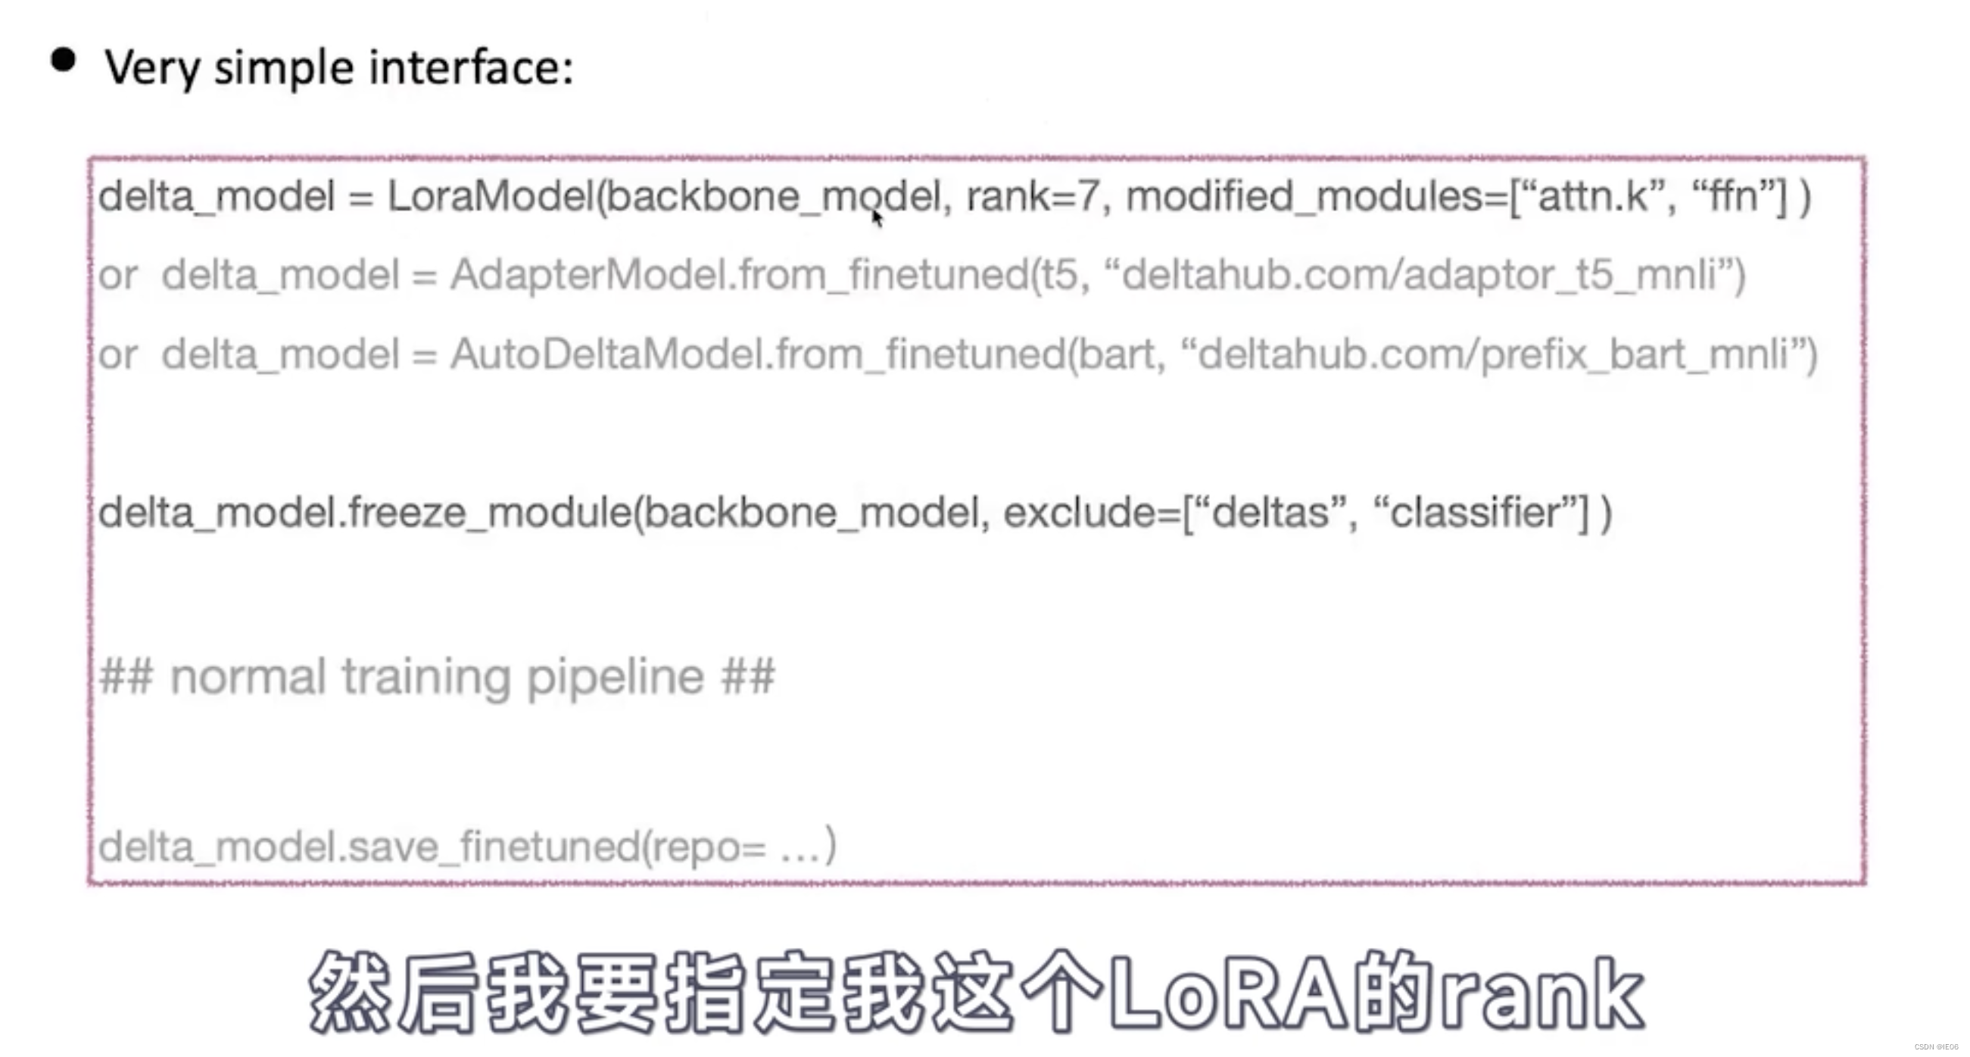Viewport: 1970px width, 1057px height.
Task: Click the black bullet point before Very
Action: [64, 61]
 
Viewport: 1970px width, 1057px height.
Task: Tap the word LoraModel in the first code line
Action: [490, 197]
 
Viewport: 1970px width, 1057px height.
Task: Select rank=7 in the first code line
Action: [1033, 197]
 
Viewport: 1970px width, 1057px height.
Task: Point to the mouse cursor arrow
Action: [877, 218]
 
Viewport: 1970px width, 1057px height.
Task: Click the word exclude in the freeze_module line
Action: [1087, 513]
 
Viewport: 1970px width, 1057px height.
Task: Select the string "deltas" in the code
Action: [1270, 513]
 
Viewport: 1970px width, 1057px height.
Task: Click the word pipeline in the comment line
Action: [615, 677]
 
